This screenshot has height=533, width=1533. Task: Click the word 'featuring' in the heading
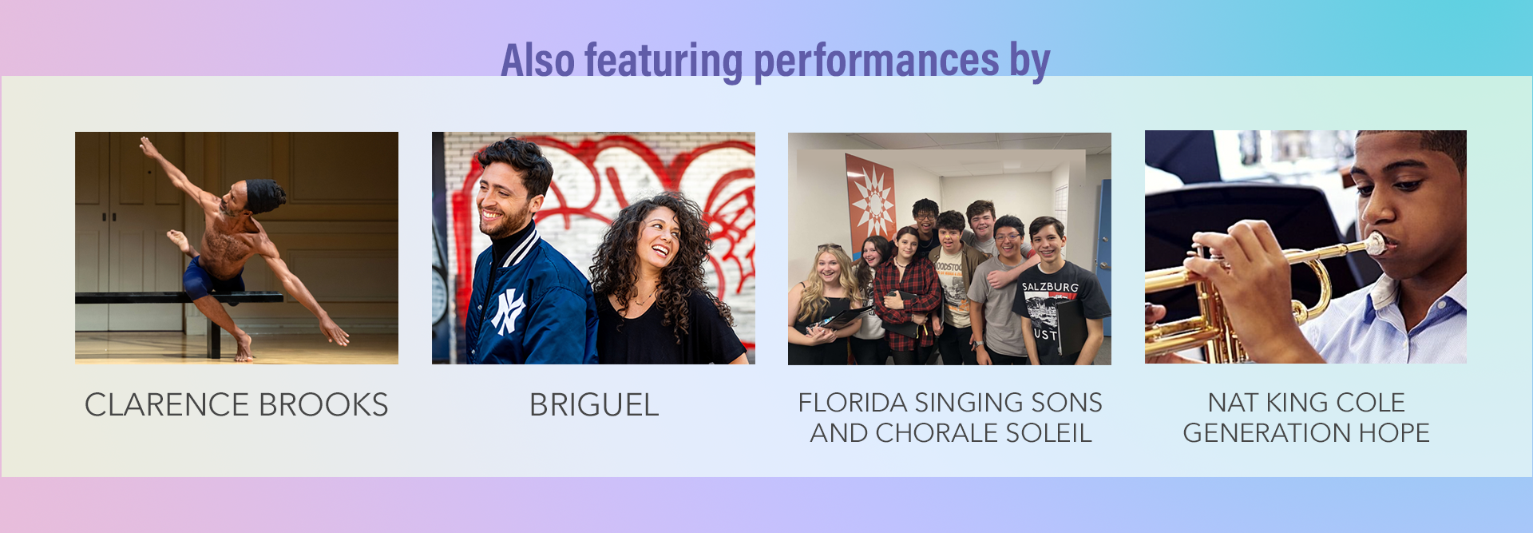coord(664,62)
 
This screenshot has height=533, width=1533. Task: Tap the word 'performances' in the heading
coord(876,62)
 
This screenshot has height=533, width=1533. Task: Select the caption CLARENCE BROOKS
coord(236,405)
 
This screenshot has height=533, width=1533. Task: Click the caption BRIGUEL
coord(594,405)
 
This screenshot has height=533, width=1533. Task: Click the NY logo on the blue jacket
coord(508,311)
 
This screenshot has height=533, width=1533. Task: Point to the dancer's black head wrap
coord(263,195)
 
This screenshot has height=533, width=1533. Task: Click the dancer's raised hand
coord(148,147)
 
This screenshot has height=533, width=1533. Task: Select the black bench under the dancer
coord(179,299)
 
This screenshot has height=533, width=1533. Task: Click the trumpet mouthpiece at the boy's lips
coord(1375,244)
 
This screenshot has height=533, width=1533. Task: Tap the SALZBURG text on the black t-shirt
coord(1050,287)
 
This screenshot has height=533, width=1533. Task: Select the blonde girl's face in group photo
coord(829,267)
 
